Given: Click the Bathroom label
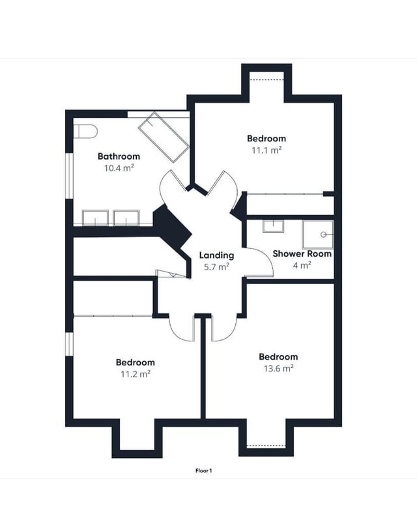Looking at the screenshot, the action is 119,156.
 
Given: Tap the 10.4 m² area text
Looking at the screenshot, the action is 119,168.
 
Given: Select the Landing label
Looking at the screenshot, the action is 216,255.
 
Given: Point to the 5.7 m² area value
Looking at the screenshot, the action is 216,267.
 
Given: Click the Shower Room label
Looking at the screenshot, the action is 302,253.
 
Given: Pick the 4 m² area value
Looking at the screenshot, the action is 302,265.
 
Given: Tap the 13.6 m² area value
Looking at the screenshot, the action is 279,368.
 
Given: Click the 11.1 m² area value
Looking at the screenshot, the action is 266,150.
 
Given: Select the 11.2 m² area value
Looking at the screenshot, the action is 136,374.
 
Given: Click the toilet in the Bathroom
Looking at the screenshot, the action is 85,132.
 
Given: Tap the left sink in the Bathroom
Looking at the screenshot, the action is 95,218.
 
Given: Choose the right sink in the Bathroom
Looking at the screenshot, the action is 126,218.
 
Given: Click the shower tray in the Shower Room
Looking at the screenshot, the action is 318,235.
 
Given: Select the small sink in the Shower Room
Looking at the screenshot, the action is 273,226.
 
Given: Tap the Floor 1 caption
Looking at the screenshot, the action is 204,470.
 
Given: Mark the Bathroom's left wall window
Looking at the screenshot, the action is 69,176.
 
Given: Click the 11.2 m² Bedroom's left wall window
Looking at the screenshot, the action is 69,344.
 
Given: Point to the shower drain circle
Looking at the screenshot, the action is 323,235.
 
